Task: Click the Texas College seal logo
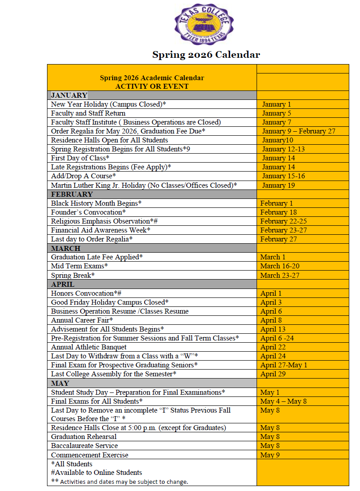tap(204, 24)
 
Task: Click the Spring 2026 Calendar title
tap(206, 55)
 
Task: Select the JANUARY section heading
tap(69, 95)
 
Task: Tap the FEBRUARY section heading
tap(72, 194)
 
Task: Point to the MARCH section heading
tap(65, 248)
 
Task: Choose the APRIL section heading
tap(63, 284)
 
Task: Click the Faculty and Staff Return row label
tap(88, 113)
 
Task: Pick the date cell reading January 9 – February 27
tap(299, 131)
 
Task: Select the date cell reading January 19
tap(278, 185)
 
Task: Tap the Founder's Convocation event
tap(88, 212)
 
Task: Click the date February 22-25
tap(283, 221)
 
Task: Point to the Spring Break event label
tap(73, 275)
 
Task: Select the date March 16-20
tap(280, 266)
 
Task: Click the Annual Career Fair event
tap(82, 320)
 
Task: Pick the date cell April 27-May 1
tap(283, 365)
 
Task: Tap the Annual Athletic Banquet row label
tap(89, 347)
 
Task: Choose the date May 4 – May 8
tap(283, 401)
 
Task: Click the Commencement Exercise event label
tap(90, 455)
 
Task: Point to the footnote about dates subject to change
tap(120, 482)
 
